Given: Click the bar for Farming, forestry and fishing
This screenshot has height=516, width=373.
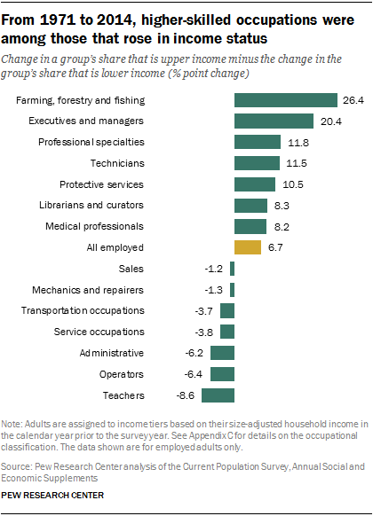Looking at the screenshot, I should click(x=286, y=100).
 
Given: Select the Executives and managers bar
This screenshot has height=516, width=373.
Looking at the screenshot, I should click(x=274, y=121).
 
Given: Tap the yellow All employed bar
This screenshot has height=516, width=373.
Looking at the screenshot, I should click(x=248, y=247).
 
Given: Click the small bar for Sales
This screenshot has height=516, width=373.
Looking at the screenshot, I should click(x=232, y=269).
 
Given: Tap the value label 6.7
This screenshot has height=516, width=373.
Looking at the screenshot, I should click(x=275, y=247).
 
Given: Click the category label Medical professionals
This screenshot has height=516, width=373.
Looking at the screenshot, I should click(x=94, y=227).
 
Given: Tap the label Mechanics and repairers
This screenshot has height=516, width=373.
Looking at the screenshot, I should click(x=88, y=290).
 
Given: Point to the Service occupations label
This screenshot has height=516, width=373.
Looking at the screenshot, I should click(x=99, y=332).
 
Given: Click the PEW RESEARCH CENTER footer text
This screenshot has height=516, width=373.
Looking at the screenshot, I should click(x=52, y=495).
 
